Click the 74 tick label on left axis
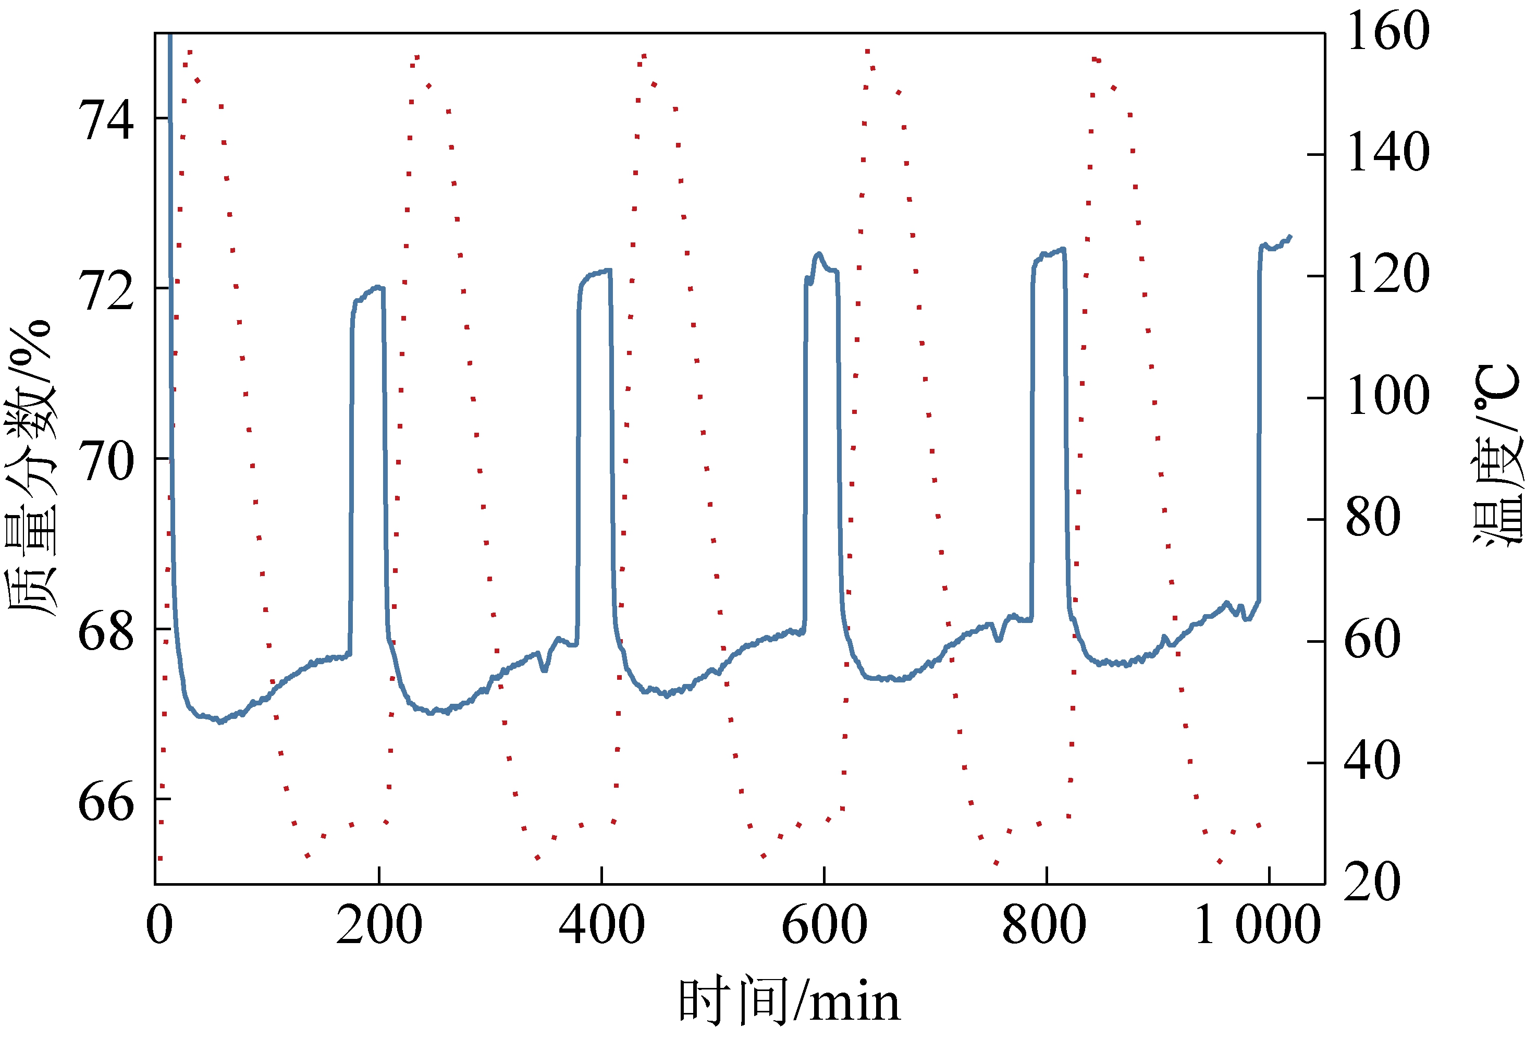click(106, 120)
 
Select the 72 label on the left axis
click(106, 290)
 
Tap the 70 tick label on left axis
click(106, 460)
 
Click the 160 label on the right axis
click(1387, 31)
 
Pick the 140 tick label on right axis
click(1387, 153)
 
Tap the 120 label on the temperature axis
click(1387, 274)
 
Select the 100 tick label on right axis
click(1387, 396)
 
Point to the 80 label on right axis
click(1373, 517)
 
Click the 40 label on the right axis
click(1373, 761)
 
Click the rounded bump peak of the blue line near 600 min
click(819, 253)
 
